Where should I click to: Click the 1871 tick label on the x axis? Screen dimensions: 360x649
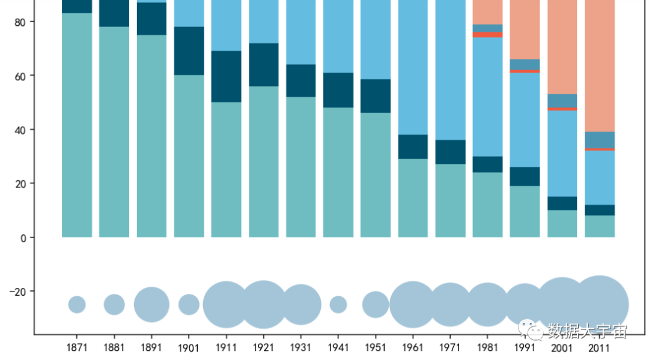(77, 347)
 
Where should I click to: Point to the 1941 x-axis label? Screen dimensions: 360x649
(338, 347)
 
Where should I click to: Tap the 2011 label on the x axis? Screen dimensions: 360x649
(599, 347)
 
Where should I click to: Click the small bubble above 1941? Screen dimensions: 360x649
(338, 305)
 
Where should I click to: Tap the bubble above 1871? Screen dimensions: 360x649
(77, 305)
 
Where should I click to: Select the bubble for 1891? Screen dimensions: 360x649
(151, 305)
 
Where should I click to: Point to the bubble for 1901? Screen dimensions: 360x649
(189, 305)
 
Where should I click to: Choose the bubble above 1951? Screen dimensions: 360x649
(376, 305)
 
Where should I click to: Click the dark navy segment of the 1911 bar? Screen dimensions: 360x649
(226, 76)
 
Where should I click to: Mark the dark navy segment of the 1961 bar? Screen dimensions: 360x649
(413, 147)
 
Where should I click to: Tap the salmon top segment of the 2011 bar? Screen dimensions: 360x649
(599, 66)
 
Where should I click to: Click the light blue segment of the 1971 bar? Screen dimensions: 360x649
(450, 72)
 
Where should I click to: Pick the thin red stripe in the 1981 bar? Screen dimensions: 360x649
(487, 35)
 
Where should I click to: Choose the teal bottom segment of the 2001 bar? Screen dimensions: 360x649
(562, 224)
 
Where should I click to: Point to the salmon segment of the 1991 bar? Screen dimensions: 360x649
(525, 30)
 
